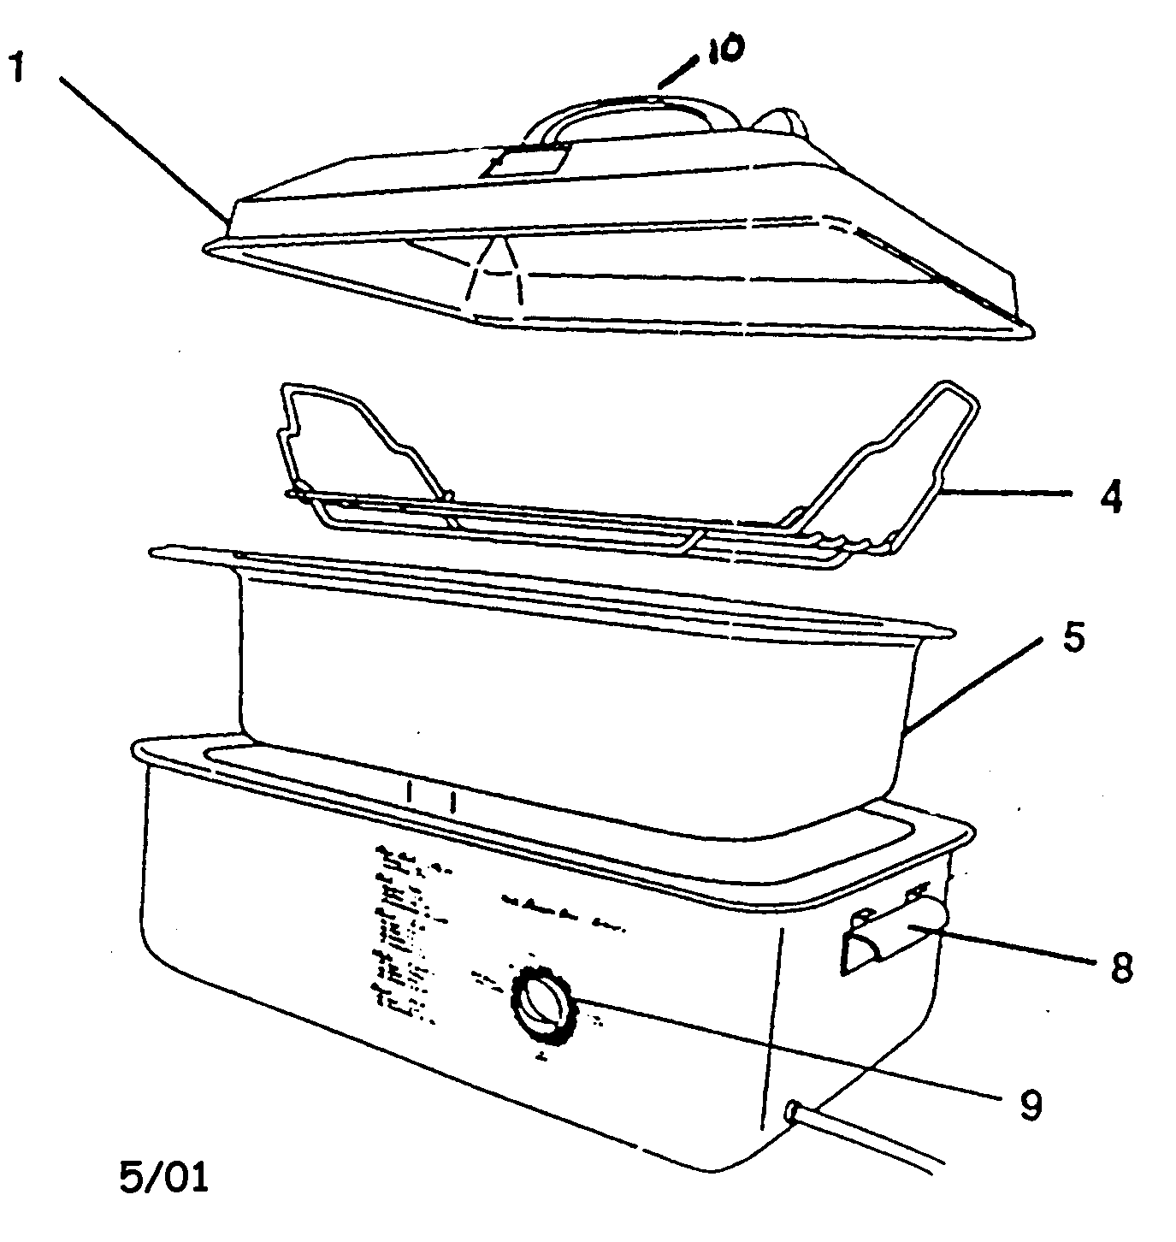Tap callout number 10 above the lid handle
722,50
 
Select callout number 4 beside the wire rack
1110,496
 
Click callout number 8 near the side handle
1118,967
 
